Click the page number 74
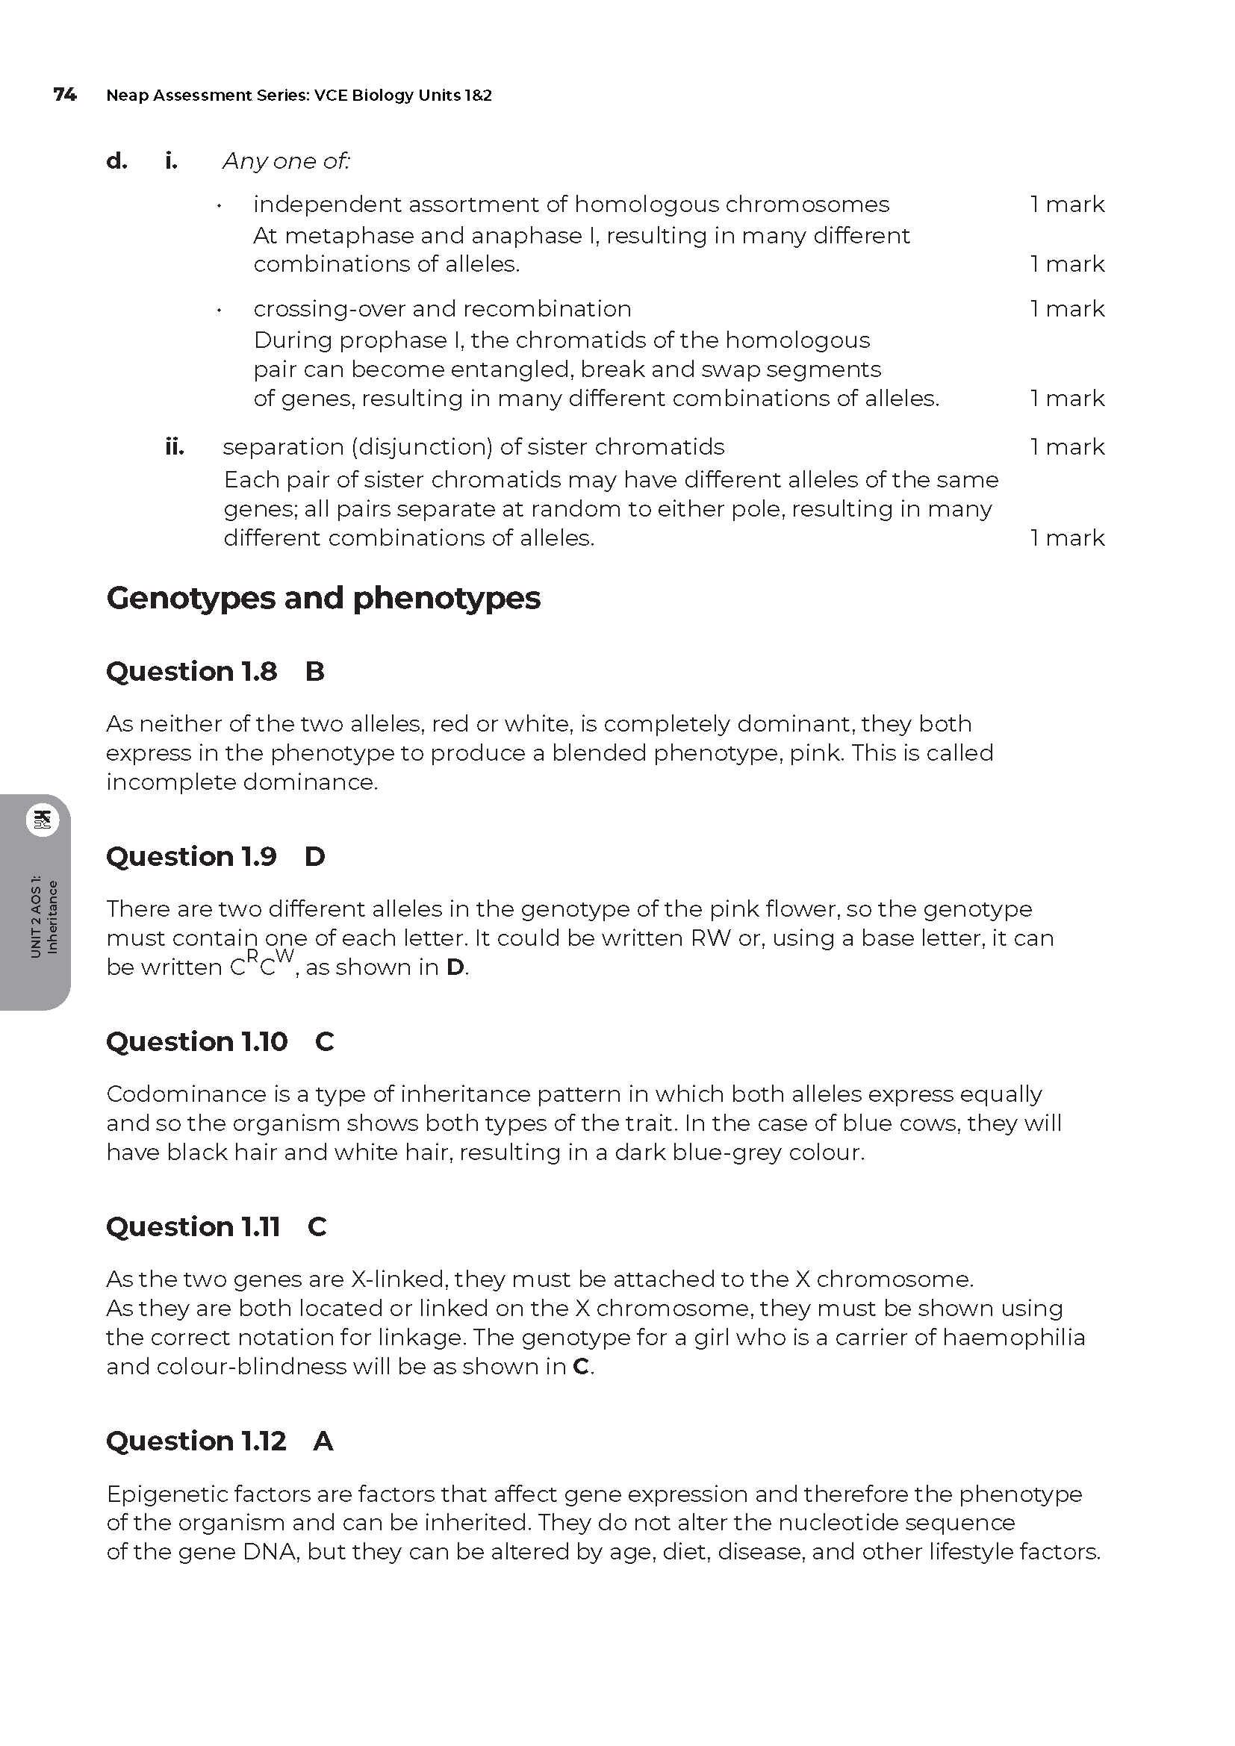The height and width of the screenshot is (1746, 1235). click(65, 95)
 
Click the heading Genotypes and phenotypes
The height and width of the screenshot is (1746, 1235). click(323, 599)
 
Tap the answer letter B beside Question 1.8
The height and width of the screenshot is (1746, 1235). click(315, 672)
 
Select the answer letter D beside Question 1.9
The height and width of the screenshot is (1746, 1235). click(315, 857)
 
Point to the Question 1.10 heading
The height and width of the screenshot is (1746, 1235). click(197, 1042)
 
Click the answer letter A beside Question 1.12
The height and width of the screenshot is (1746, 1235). click(323, 1441)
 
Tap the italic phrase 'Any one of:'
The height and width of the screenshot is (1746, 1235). click(286, 161)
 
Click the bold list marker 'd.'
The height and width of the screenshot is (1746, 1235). click(116, 161)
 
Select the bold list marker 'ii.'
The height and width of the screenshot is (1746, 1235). click(175, 447)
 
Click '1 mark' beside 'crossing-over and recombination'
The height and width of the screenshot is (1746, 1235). click(1067, 309)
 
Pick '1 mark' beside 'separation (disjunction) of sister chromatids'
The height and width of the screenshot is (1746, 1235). click(1067, 447)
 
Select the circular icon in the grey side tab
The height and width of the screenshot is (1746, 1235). click(43, 820)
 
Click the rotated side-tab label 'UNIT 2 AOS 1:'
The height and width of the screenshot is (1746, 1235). click(36, 917)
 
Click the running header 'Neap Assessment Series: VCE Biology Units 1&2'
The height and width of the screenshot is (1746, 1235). click(299, 96)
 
